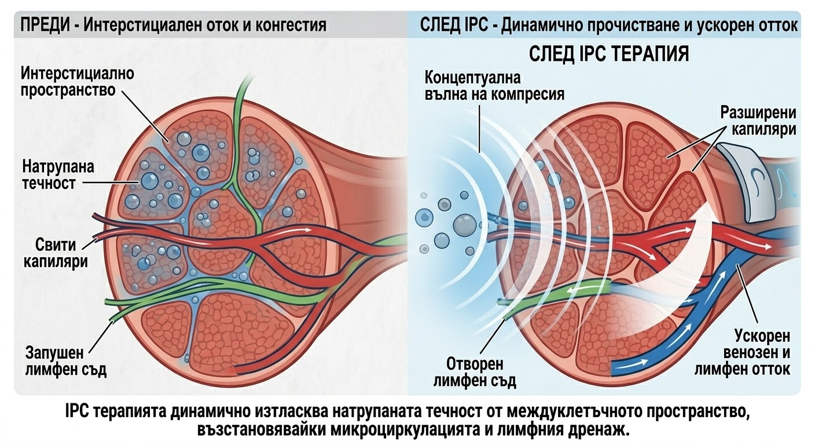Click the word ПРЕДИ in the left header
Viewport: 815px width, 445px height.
(x=45, y=25)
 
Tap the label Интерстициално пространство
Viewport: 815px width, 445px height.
(x=77, y=82)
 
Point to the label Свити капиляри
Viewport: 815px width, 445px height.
(x=56, y=253)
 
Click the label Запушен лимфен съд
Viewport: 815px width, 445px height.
(x=66, y=361)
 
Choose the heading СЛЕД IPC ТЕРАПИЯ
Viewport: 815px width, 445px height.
(x=609, y=54)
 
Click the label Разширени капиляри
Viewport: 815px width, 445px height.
(x=758, y=121)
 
